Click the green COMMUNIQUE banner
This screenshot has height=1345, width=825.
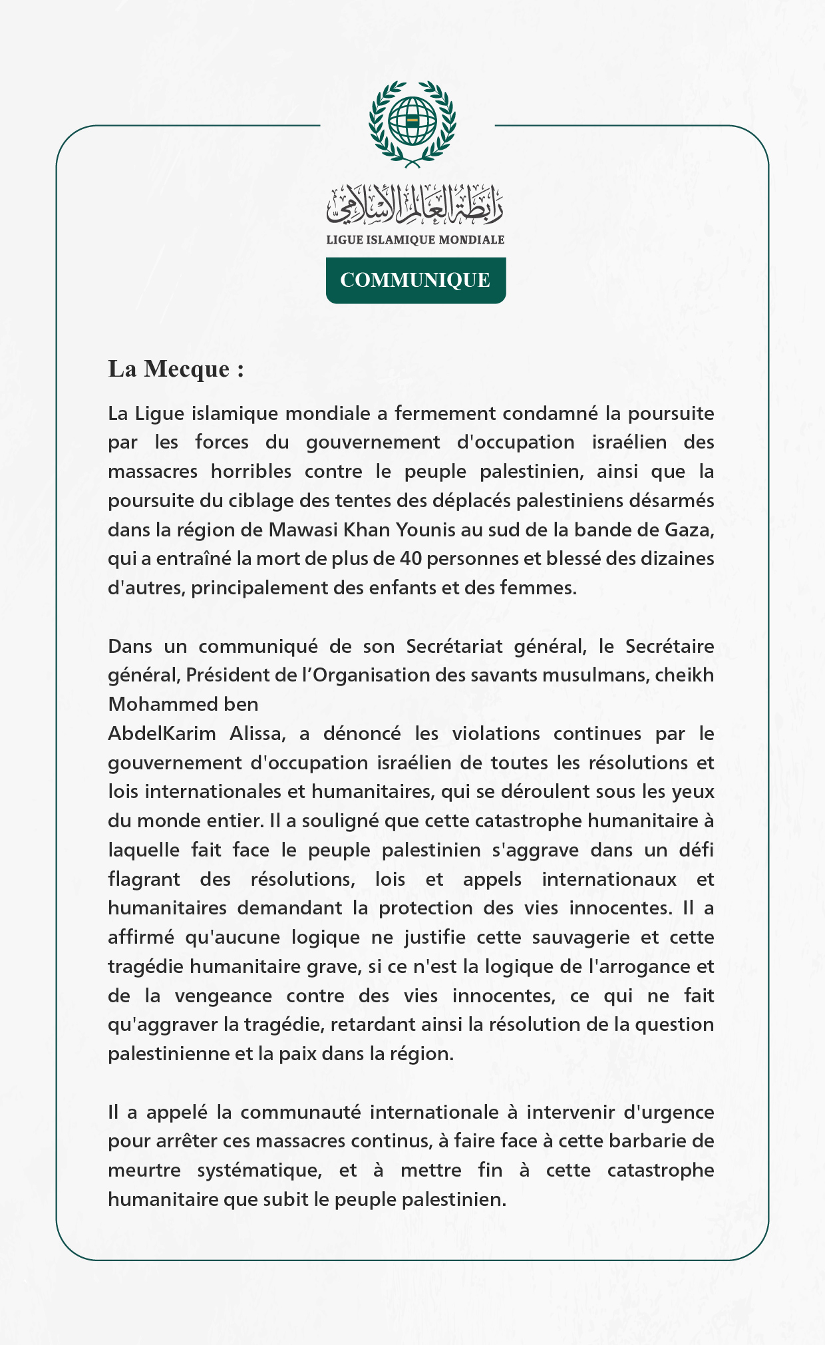click(x=416, y=280)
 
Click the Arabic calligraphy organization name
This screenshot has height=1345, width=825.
click(x=415, y=205)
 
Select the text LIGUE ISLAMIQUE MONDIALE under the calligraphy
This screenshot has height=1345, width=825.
click(x=415, y=240)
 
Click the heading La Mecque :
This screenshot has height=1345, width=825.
click(x=176, y=369)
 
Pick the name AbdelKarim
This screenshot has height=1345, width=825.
click(x=162, y=733)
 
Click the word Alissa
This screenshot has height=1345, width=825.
click(x=257, y=733)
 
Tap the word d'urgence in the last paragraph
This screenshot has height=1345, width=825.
click(x=668, y=1112)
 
